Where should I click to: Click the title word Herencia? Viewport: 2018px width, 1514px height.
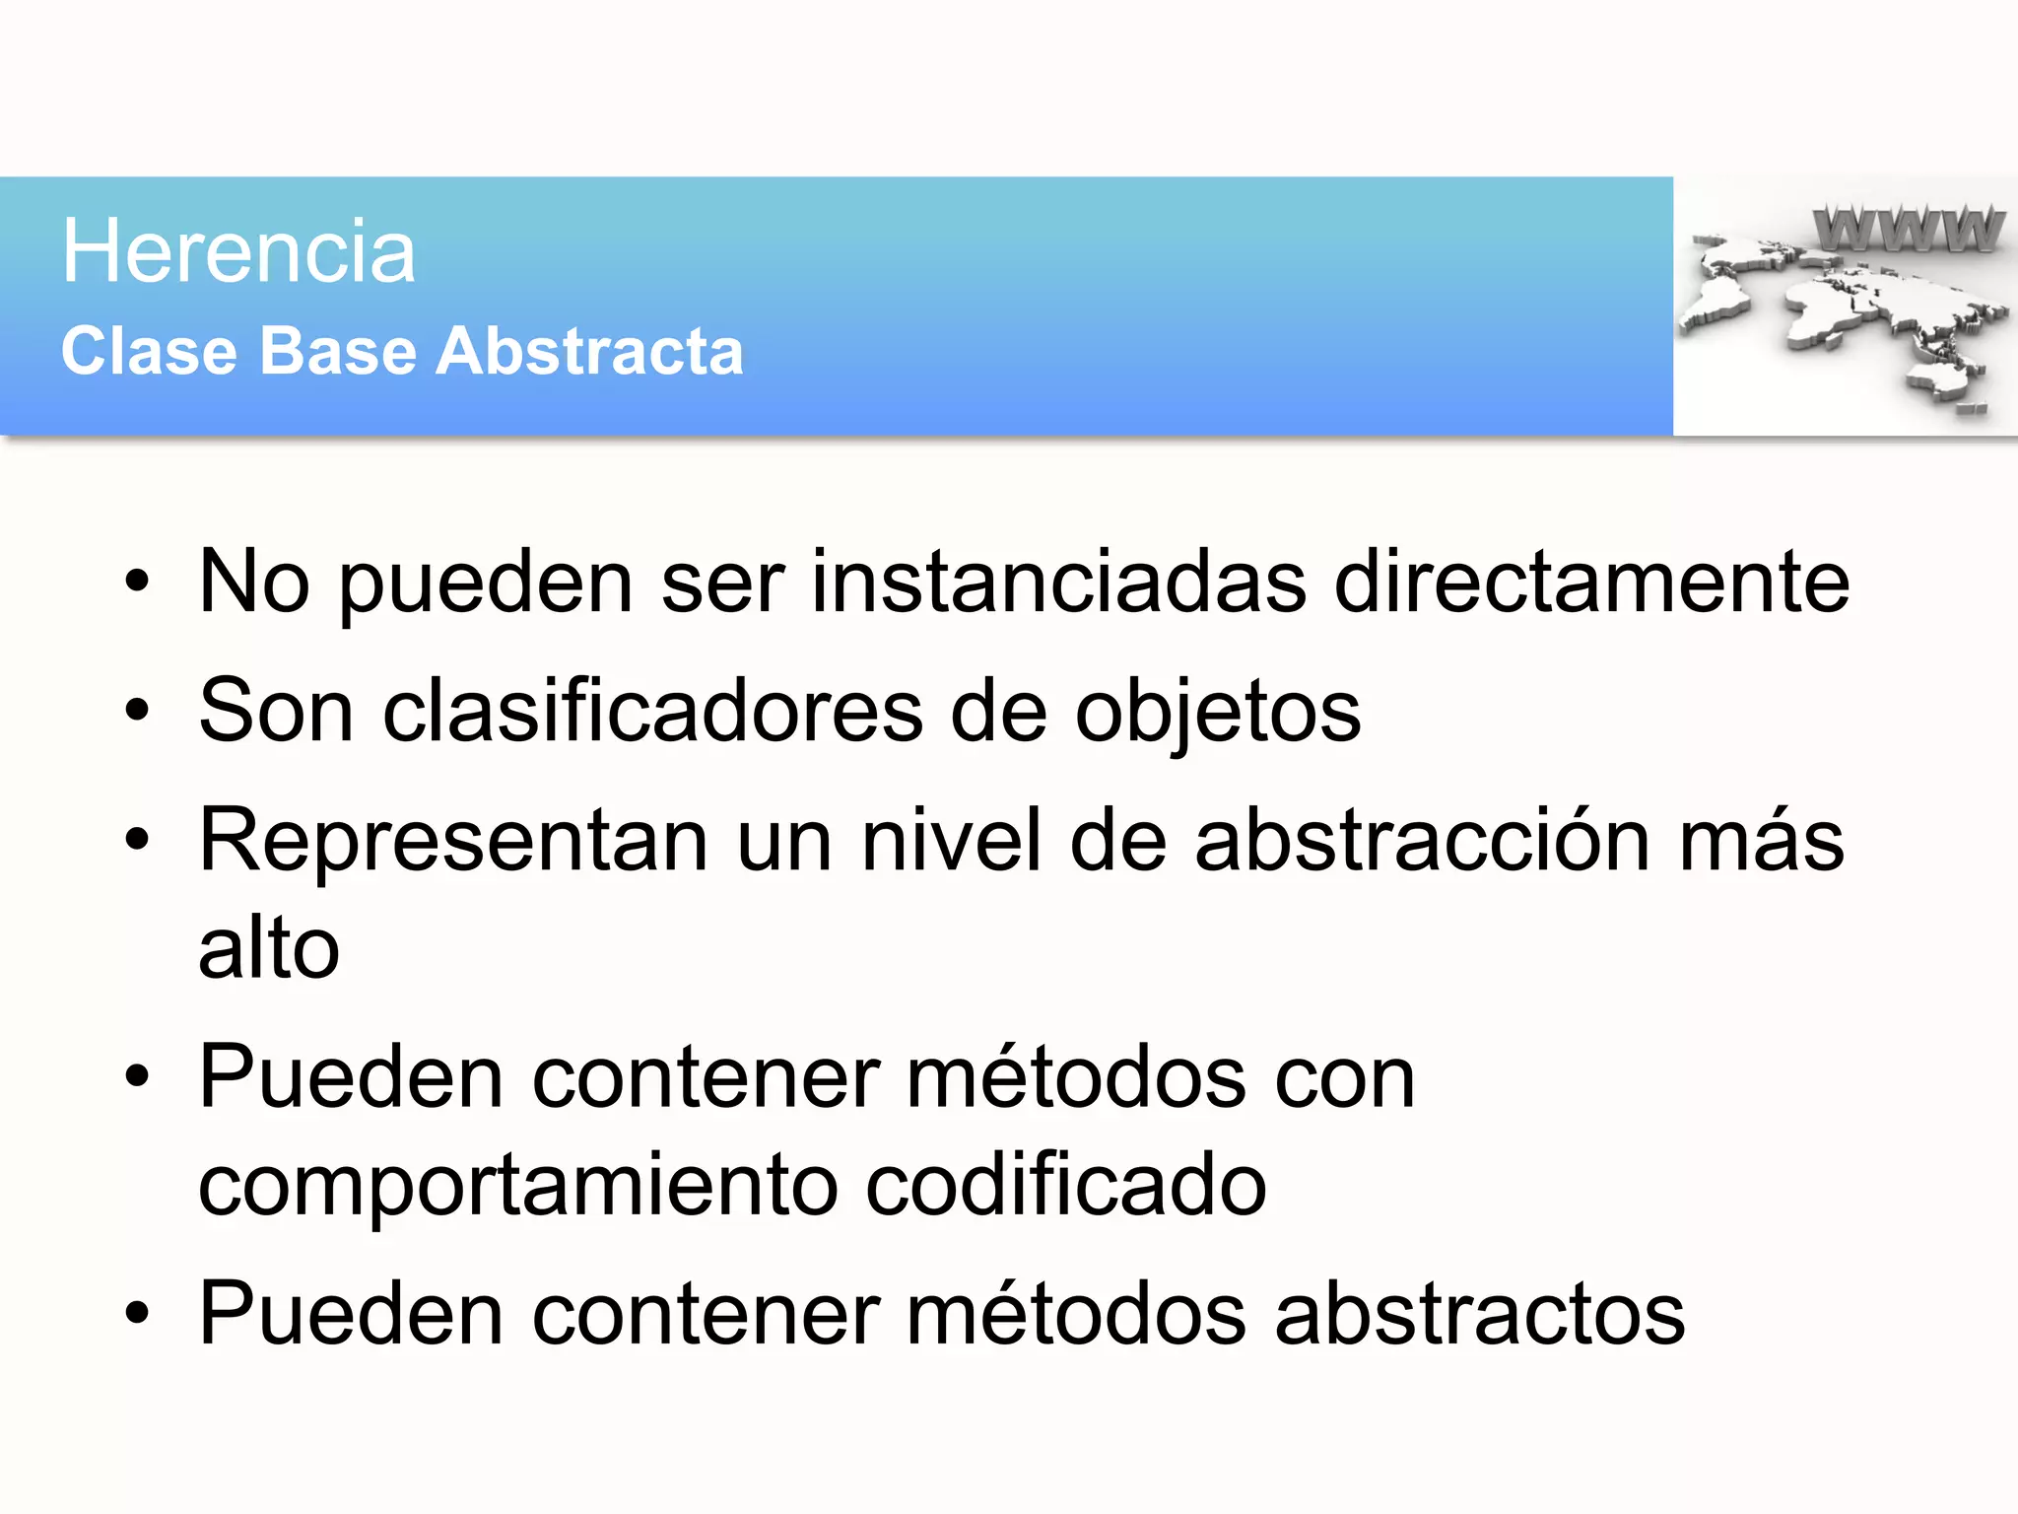pos(238,252)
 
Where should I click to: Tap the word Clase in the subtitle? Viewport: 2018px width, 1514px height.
pos(149,352)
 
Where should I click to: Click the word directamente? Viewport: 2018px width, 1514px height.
pos(1590,582)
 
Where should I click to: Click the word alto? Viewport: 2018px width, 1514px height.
pos(269,947)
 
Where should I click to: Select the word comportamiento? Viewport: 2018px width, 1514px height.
pos(518,1185)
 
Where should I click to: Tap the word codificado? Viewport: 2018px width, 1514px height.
pos(1065,1185)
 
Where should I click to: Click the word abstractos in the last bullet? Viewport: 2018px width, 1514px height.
pos(1479,1313)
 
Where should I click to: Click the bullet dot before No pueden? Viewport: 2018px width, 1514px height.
pos(137,583)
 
